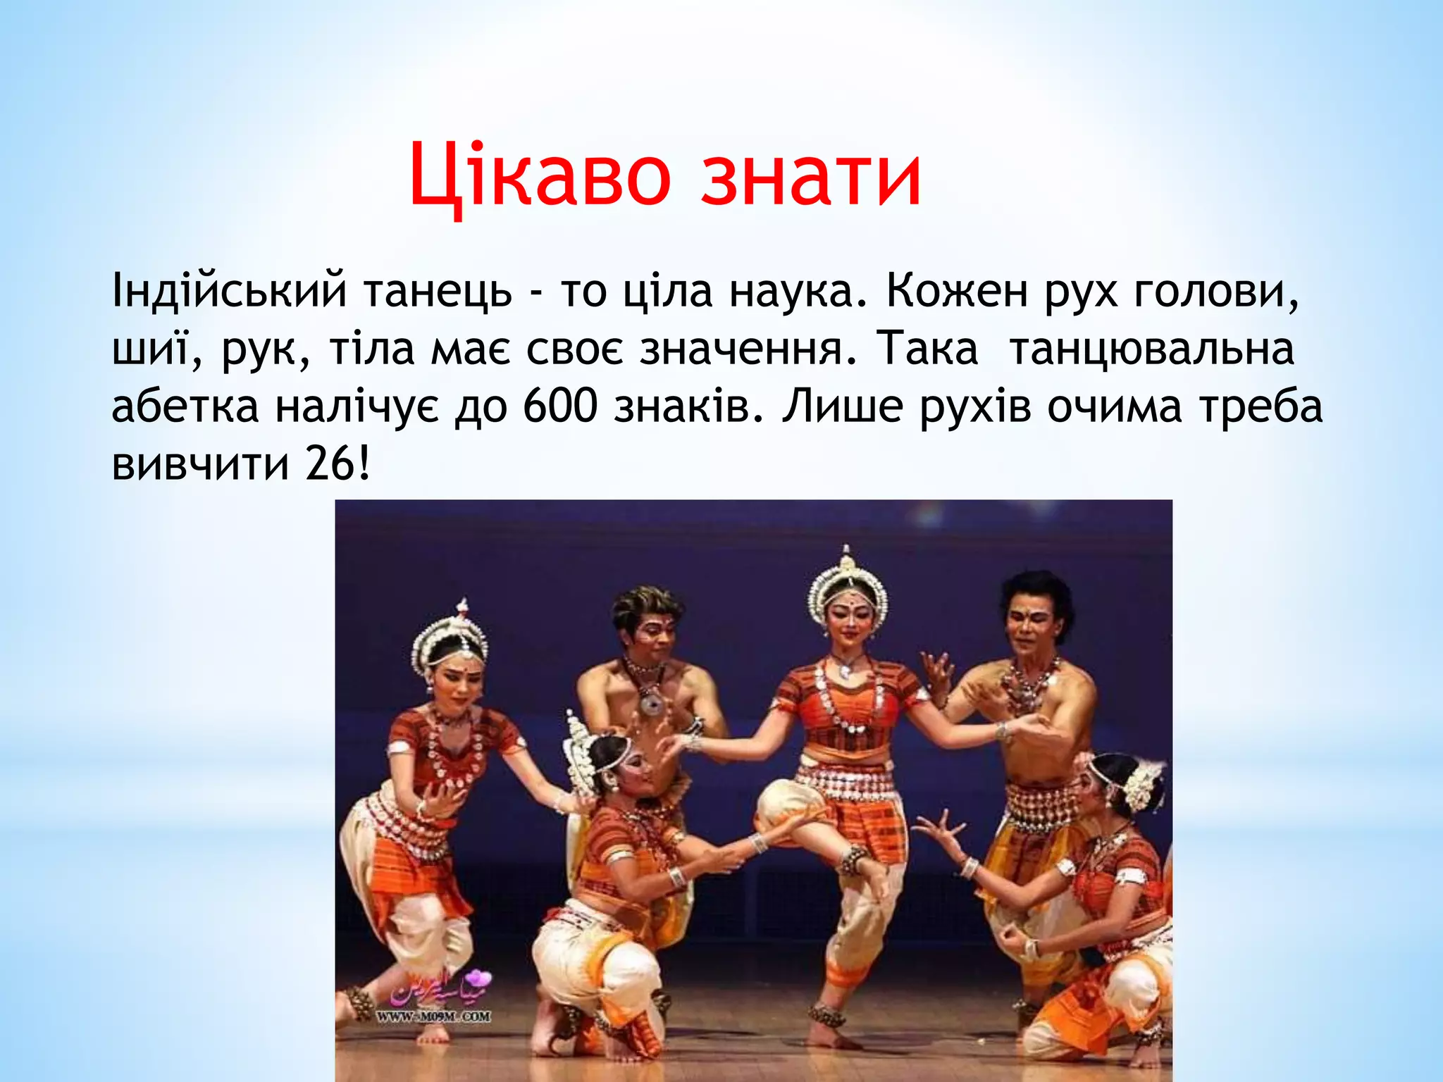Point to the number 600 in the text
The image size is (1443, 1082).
pos(560,406)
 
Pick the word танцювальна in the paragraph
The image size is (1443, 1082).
pos(1152,349)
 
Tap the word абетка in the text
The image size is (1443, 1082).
pos(185,406)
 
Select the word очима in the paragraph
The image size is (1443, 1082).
pos(1114,406)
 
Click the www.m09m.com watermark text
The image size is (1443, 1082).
pos(433,1016)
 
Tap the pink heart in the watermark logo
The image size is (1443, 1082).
pos(481,978)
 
